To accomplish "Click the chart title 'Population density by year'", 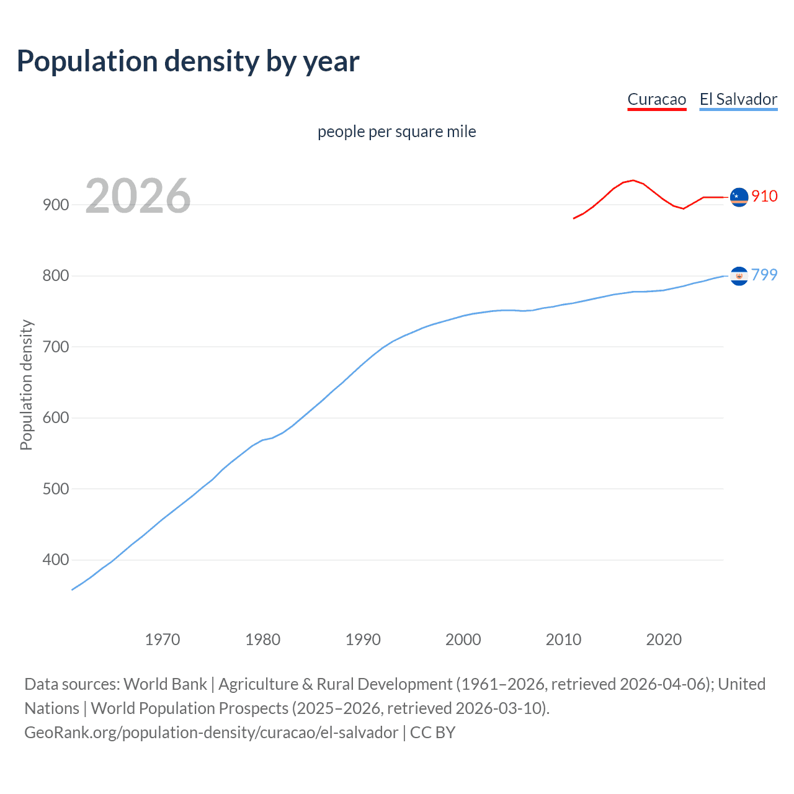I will point(188,61).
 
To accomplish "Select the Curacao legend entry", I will point(656,99).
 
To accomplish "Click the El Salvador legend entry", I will point(738,99).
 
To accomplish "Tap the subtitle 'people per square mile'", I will point(396,132).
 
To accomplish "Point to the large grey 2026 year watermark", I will point(138,196).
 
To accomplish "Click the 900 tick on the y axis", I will point(55,205).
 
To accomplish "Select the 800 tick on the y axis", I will point(55,275).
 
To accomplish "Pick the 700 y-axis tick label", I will point(55,347).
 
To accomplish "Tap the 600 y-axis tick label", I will point(55,417).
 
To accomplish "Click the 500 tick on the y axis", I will point(55,489).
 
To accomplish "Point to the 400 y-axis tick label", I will point(55,560).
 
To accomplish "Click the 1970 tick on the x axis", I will point(163,640).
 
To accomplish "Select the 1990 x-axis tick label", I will point(363,640).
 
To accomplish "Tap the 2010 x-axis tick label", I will point(563,640).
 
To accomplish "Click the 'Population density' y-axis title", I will point(26,385).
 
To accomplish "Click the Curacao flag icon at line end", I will point(739,197).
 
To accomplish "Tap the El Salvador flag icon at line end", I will point(739,275).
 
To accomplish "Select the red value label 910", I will point(764,196).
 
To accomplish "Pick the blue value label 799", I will point(764,275).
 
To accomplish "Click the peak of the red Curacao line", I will point(632,181).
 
